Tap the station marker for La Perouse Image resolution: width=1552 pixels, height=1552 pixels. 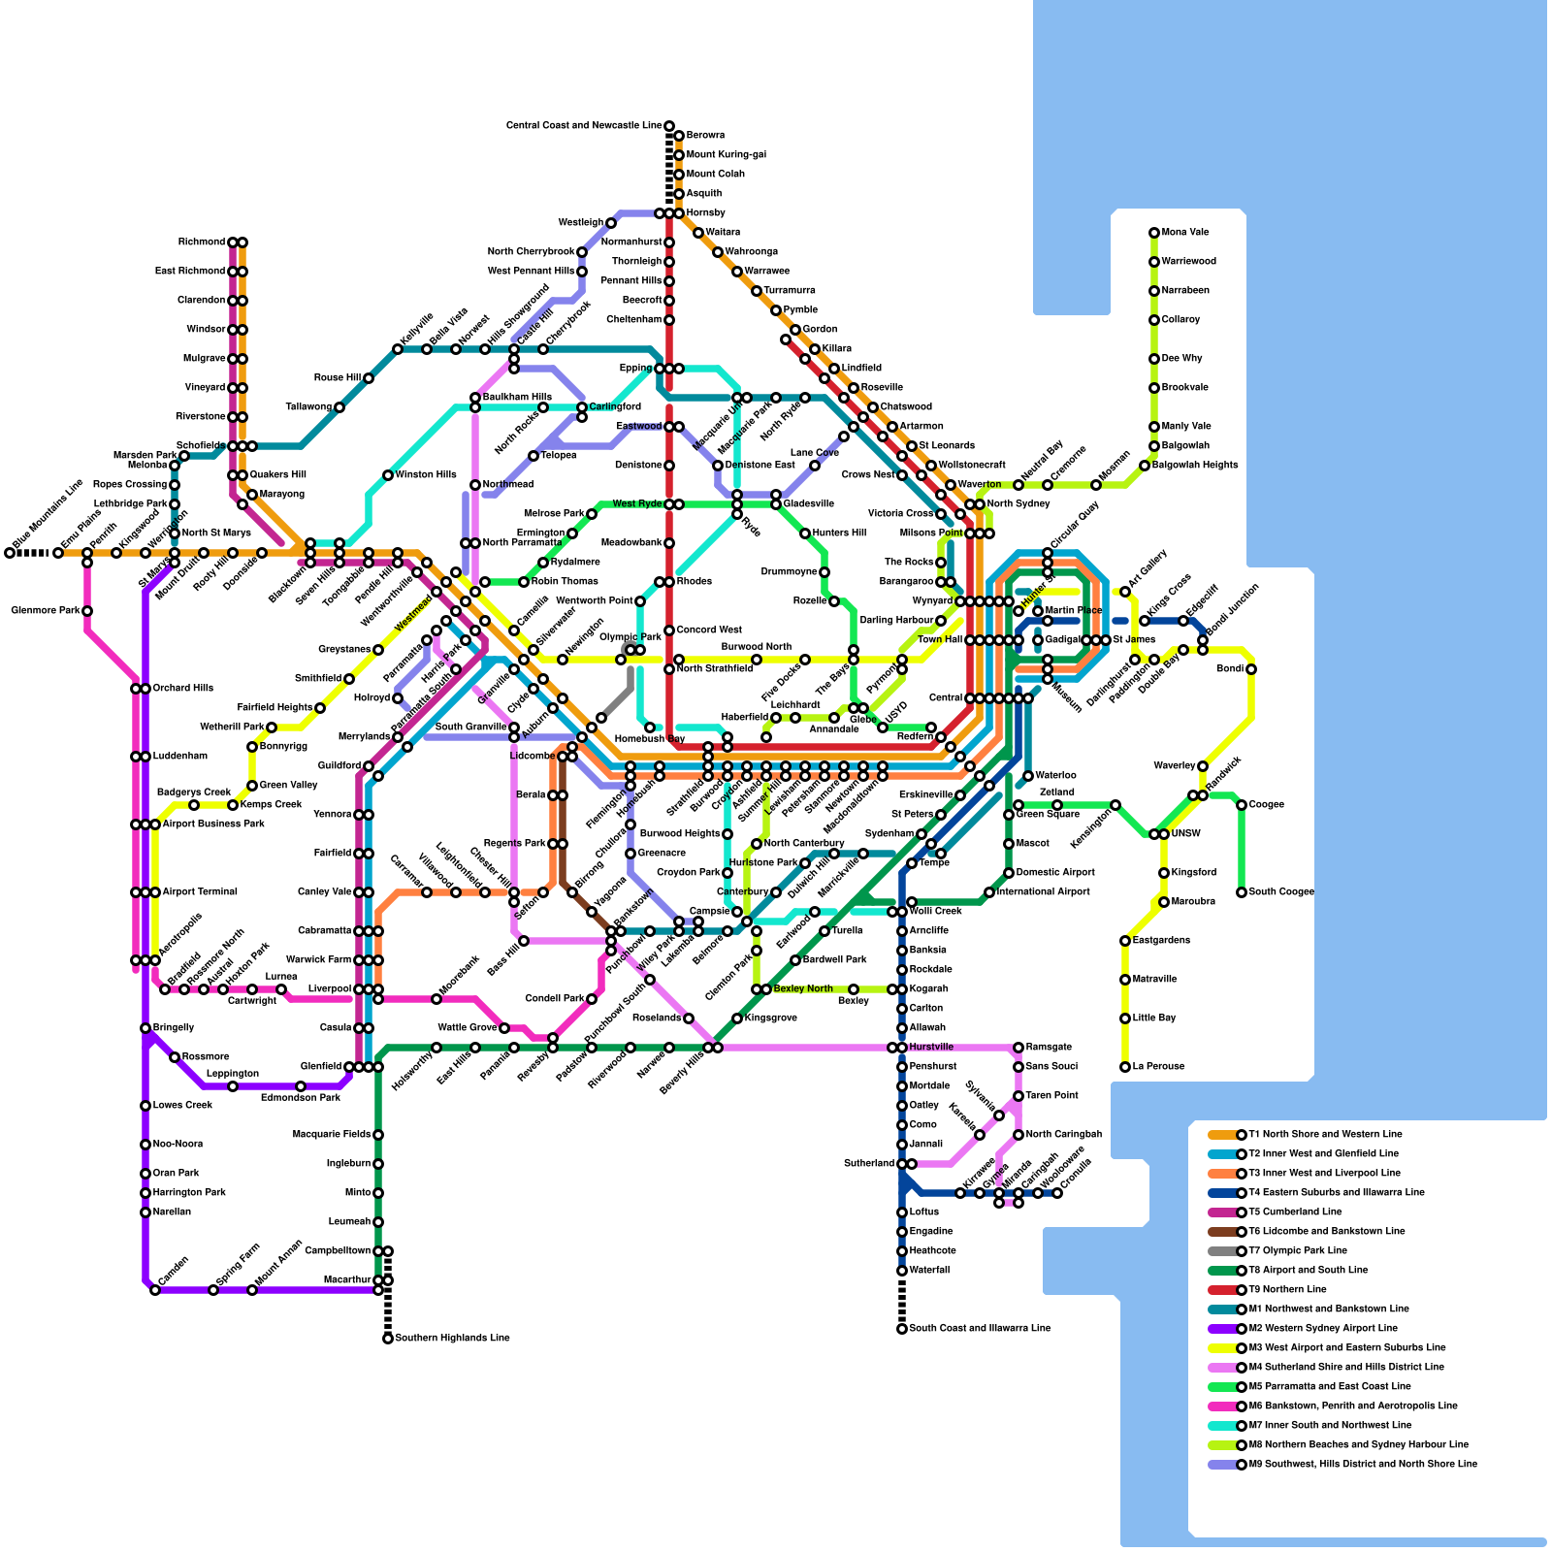coord(1125,1067)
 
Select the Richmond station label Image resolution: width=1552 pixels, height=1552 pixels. coord(202,242)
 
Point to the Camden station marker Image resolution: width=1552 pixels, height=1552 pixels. coord(155,1290)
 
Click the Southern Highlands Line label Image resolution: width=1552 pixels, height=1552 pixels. coord(452,1339)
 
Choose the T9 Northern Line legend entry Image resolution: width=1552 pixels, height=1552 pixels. coord(1286,1290)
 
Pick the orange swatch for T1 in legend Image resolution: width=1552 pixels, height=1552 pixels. coord(1222,1135)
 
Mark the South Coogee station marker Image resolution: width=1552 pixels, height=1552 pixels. coord(1242,892)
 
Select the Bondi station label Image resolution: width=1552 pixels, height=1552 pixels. coord(1230,669)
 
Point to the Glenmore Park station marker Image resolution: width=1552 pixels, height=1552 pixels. coord(87,611)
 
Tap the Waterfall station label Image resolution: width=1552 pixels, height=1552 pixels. coord(930,1271)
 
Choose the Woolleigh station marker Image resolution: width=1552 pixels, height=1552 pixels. coord(611,223)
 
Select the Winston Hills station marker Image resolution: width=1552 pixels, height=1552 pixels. coord(388,475)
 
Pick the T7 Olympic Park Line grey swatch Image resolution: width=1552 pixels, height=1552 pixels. coord(1222,1251)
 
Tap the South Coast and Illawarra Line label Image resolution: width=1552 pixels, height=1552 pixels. coord(980,1329)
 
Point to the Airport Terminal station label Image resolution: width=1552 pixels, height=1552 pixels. coord(200,892)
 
